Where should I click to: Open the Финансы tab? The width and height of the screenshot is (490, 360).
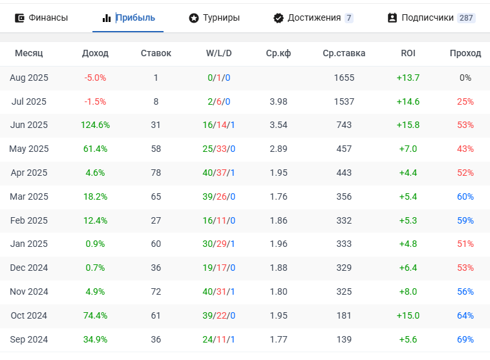point(41,17)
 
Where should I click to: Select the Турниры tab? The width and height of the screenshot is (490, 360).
point(214,17)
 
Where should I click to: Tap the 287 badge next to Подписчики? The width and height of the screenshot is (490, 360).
point(466,18)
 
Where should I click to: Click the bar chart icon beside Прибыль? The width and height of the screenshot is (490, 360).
point(107,18)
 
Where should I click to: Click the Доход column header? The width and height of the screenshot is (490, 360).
point(96,53)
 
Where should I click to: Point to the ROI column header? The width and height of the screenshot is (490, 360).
point(408,53)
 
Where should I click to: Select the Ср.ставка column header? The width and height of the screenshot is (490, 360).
point(344,53)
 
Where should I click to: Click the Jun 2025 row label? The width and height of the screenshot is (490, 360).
point(29,125)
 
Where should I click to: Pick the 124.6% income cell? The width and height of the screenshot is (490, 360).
point(96,125)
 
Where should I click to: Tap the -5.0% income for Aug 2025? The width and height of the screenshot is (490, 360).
point(95,78)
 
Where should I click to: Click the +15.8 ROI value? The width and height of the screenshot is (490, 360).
point(408,125)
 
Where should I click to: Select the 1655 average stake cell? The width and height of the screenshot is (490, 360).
point(344,78)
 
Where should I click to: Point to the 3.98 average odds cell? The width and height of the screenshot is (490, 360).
point(278,101)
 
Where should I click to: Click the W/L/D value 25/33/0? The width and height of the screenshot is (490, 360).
point(218,149)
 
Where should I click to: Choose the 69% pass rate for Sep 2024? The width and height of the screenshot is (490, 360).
point(465,339)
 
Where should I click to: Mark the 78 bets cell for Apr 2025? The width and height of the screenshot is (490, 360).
point(156,173)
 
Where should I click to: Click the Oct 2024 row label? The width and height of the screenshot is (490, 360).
point(29,315)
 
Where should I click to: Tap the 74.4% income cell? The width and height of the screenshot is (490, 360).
point(96,315)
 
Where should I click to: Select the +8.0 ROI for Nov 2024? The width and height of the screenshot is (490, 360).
point(408,291)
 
